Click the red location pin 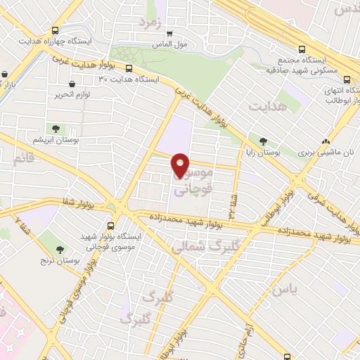pyautogui.click(x=181, y=165)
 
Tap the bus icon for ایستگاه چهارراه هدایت pyautogui.click(x=56, y=31)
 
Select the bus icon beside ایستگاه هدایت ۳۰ pyautogui.click(x=130, y=68)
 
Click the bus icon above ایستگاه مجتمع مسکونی pyautogui.click(x=302, y=50)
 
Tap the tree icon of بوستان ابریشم pyautogui.click(x=56, y=129)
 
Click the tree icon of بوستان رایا pyautogui.click(x=263, y=141)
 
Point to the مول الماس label pyautogui.click(x=169, y=45)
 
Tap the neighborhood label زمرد pyautogui.click(x=150, y=22)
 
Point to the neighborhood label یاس pyautogui.click(x=281, y=288)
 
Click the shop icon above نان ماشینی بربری pyautogui.click(x=325, y=141)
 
